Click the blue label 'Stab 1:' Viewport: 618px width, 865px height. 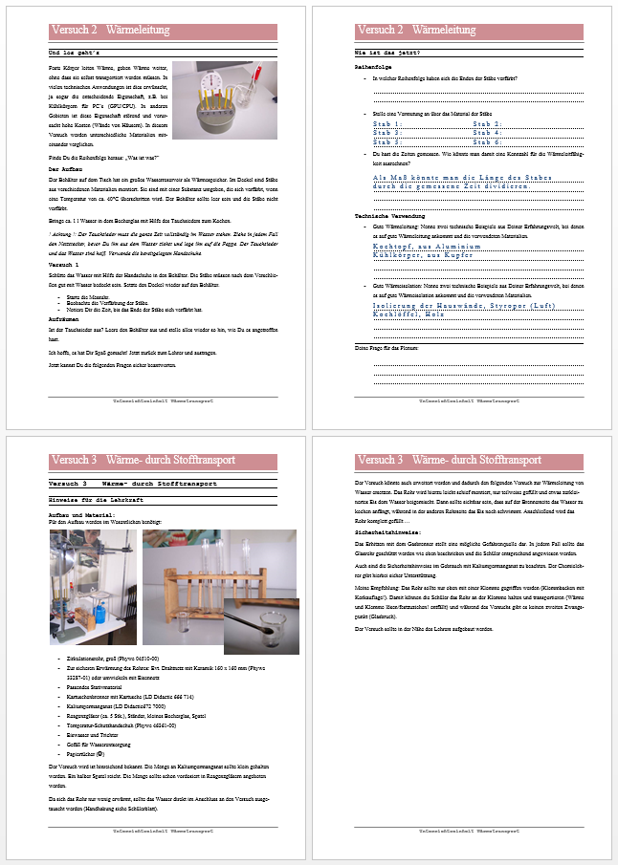[x=388, y=124]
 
